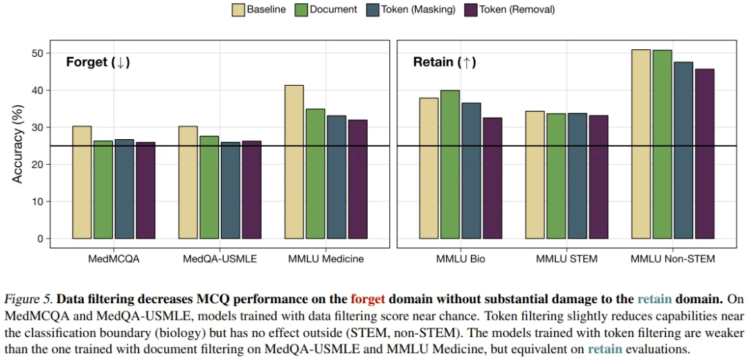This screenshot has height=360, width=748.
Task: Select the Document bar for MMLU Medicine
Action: (315, 173)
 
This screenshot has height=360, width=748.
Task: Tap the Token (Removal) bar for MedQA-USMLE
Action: (251, 190)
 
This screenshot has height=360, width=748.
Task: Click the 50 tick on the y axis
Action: (43, 53)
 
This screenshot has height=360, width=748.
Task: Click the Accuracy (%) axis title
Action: (19, 146)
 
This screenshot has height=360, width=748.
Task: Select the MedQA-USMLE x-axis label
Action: (220, 260)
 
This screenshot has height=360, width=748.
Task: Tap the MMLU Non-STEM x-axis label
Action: (673, 260)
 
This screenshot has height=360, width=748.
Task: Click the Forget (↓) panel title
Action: (98, 62)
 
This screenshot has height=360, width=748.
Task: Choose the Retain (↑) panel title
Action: (444, 62)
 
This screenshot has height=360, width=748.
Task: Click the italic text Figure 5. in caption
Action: (28, 300)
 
